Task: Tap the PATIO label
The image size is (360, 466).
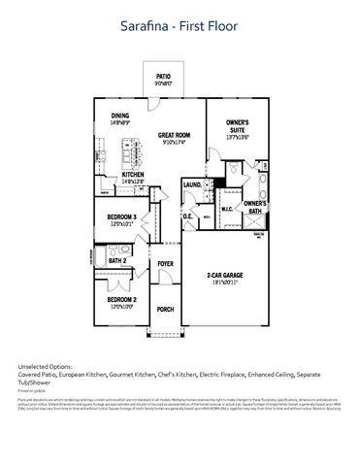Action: click(x=162, y=77)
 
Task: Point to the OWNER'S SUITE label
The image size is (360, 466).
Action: click(x=238, y=126)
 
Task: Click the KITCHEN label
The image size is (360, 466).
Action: click(x=132, y=174)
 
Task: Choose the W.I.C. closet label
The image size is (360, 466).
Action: click(x=226, y=207)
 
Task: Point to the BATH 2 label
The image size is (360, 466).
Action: click(x=117, y=260)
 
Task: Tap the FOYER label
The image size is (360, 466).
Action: click(x=165, y=263)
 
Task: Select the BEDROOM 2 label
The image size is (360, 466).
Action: click(x=121, y=301)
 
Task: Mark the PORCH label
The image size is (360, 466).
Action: click(x=165, y=310)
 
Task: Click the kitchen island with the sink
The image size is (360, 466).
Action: click(x=127, y=151)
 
